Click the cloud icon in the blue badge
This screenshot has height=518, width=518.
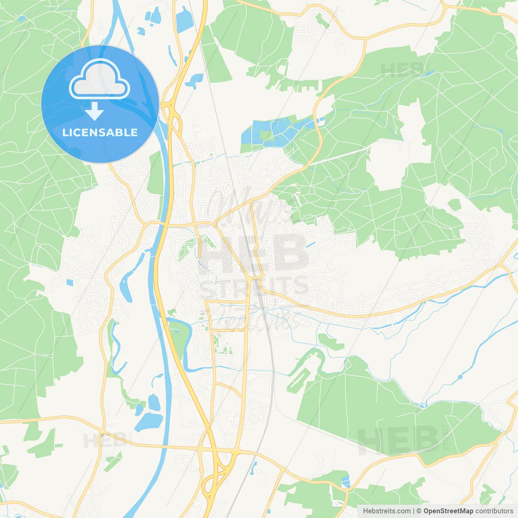tap(100, 79)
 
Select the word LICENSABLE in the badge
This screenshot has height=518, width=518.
tap(100, 132)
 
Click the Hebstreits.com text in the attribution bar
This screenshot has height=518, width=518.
tap(386, 511)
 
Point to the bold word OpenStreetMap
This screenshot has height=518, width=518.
tap(448, 511)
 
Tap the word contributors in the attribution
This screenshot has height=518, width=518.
tap(494, 511)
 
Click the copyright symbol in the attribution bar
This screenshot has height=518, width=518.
tap(419, 511)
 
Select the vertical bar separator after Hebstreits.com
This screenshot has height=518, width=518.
tap(414, 511)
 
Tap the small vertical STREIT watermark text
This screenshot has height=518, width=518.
tap(446, 437)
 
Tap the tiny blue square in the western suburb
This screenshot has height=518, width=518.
tap(70, 282)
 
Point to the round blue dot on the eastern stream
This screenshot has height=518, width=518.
tap(460, 377)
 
